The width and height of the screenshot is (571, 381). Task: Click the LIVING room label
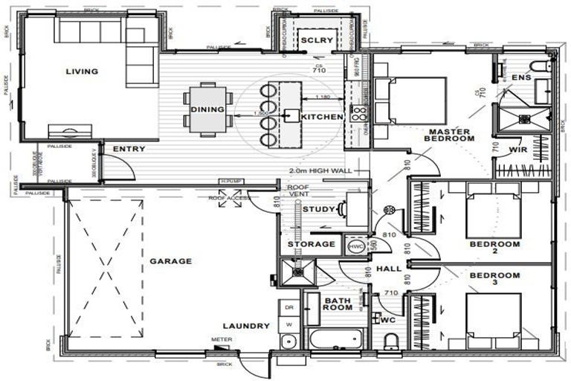[x=82, y=71]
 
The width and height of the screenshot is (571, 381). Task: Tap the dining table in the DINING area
[x=207, y=109]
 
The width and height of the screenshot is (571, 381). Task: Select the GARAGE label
[x=170, y=261]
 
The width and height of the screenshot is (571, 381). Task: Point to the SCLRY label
[x=311, y=40]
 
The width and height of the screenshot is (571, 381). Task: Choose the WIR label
[x=518, y=150]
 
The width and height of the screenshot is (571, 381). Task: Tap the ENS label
[x=520, y=77]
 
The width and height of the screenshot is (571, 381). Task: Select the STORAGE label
[x=311, y=244]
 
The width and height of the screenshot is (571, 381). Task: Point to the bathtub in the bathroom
[x=335, y=340]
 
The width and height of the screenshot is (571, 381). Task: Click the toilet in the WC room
[x=391, y=342]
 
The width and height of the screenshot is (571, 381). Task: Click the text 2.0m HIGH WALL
[x=316, y=170]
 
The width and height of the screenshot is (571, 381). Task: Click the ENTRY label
[x=129, y=150]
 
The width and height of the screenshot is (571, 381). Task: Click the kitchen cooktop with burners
[x=359, y=113]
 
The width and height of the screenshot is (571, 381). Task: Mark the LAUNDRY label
[x=245, y=326]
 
